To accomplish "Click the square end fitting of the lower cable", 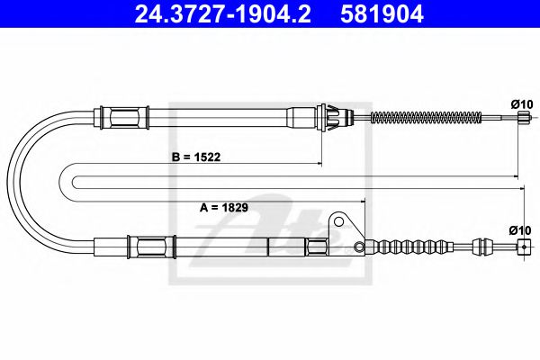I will (x=519, y=253).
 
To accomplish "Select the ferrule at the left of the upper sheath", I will (x=125, y=116).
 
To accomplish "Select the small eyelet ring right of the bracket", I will (x=359, y=247).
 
